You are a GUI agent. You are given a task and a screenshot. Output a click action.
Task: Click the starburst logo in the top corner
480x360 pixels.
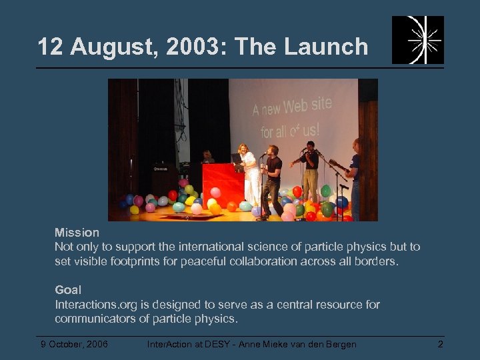(x=417, y=40)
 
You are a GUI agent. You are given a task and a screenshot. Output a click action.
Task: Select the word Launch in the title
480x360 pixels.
(x=328, y=47)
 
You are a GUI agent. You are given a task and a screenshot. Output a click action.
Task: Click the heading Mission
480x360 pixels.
(x=77, y=233)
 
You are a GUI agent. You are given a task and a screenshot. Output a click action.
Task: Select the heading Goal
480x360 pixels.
(x=68, y=290)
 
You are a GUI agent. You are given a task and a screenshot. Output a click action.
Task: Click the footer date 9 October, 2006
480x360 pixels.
(x=73, y=344)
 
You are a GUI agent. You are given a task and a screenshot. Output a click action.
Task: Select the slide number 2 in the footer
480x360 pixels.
(x=440, y=344)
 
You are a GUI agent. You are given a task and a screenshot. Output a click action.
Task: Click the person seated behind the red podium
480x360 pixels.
(x=208, y=157)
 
